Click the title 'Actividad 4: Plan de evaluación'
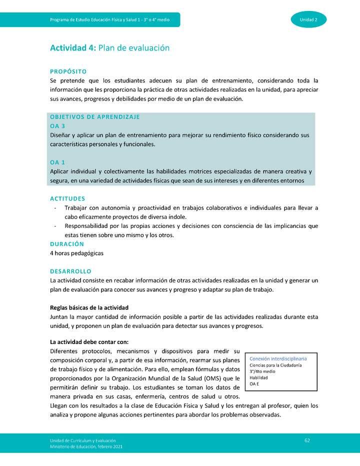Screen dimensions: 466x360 [x=109, y=48]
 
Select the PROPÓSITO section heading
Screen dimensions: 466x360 [x=68, y=71]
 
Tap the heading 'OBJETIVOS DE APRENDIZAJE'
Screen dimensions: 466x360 [x=94, y=116]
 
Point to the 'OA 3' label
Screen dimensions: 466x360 [x=57, y=126]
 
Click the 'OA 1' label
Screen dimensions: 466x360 [x=57, y=162]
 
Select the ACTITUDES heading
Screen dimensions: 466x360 [x=67, y=198]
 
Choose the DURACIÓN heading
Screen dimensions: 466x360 [x=67, y=244]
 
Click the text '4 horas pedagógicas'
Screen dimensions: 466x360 [x=76, y=253]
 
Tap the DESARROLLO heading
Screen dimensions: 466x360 [x=70, y=271]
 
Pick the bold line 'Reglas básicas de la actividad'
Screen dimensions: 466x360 [x=89, y=307]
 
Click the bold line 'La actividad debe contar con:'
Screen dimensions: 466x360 [x=89, y=342]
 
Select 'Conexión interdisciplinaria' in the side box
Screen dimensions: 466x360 [x=278, y=358]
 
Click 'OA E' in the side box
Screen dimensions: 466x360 [x=254, y=384]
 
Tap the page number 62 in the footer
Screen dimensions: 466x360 [x=307, y=440]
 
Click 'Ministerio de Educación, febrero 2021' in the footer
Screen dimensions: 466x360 [x=85, y=446]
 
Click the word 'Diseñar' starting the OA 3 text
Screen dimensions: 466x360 [x=61, y=135]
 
